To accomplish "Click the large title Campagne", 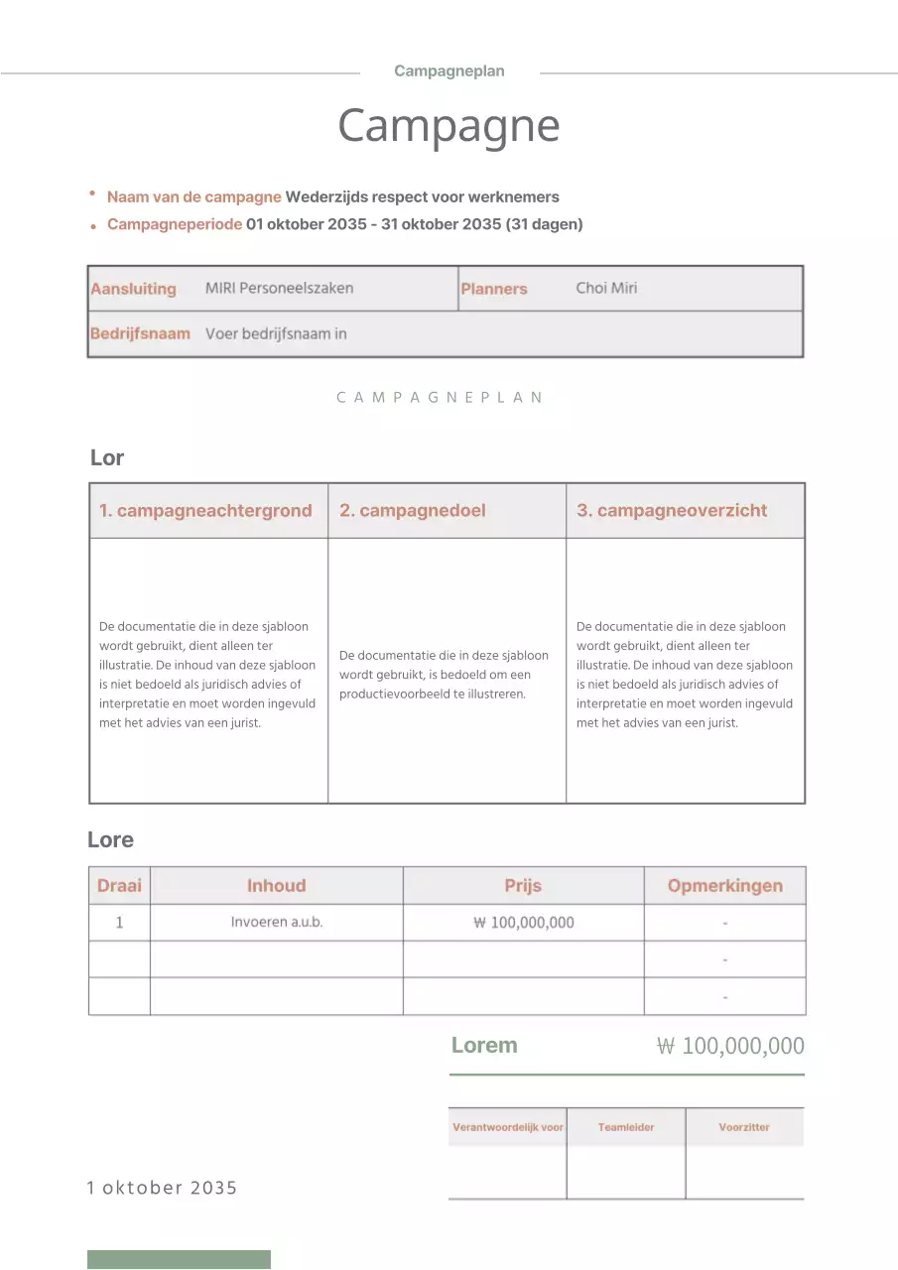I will coord(449,126).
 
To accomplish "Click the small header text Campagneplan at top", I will coord(449,71).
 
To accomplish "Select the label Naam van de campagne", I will coord(193,196).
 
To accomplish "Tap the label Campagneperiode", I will coord(174,224).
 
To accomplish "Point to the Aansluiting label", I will coord(133,289).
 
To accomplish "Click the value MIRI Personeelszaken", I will coord(279,289).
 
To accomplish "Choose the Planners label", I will coord(493,289).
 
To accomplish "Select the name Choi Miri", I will coord(606,289).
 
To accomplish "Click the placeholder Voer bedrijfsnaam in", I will coord(276,333).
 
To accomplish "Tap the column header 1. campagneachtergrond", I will coord(205,511).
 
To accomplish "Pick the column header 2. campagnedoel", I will coord(412,511).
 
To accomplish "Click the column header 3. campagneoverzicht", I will coord(672,511).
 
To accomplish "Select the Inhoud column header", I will coord(276,886).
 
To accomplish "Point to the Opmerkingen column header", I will coord(724,886).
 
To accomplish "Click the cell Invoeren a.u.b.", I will coord(276,922).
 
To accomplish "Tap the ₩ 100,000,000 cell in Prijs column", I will coord(523,923).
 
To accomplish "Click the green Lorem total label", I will coord(484,1045).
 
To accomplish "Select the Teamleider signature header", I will coord(626,1127).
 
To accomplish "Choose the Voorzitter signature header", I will coord(744,1127).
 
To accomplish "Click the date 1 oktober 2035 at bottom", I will coord(162,1188).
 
